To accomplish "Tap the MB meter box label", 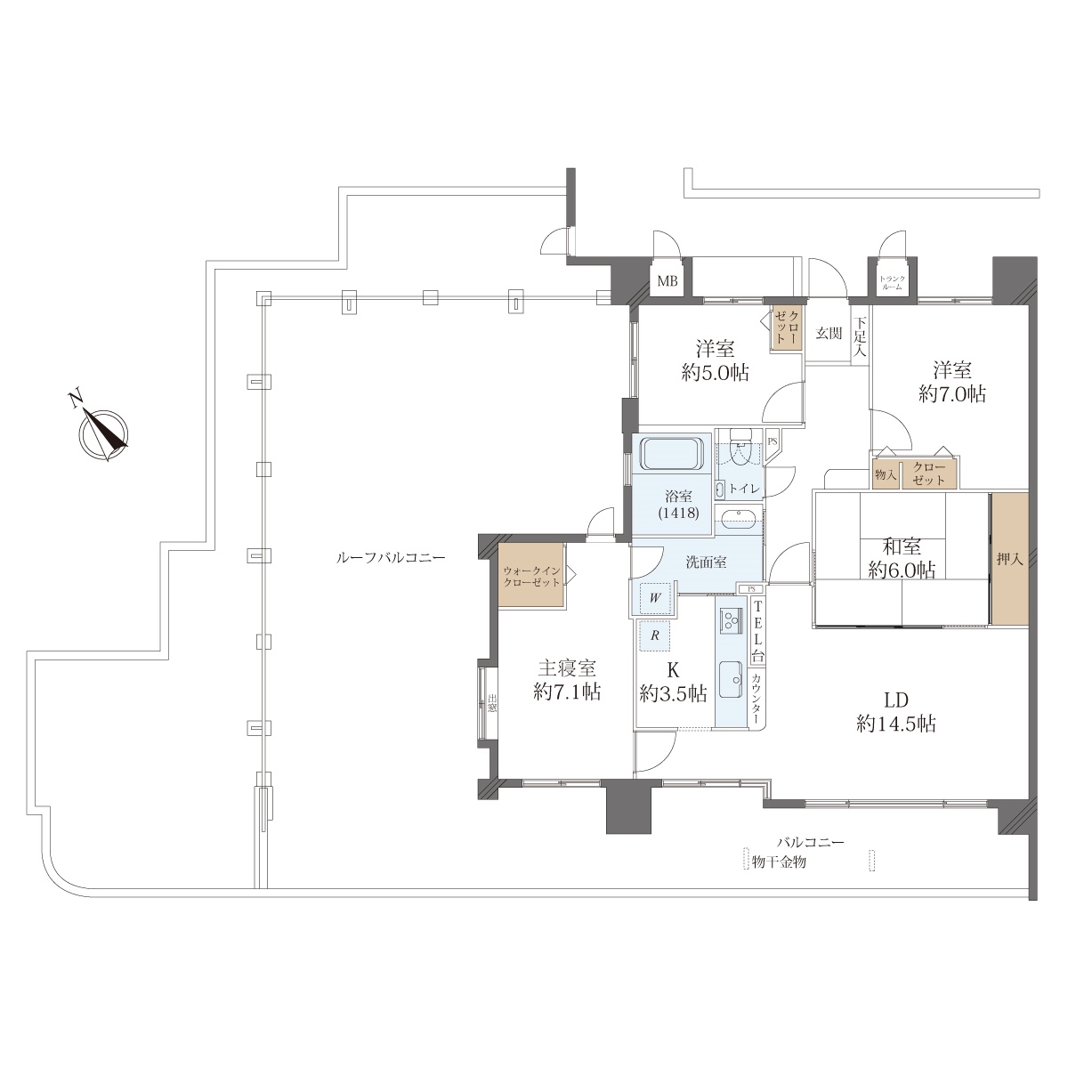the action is click(x=667, y=281).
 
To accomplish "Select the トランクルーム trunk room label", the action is click(x=892, y=283).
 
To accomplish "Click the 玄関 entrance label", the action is click(x=829, y=333).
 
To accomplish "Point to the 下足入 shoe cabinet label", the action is click(x=860, y=336).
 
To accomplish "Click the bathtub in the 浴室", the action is click(x=672, y=454).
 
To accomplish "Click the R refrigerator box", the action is click(x=654, y=635).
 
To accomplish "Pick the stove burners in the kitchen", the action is click(x=731, y=620).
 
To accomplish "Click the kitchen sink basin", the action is click(x=731, y=680).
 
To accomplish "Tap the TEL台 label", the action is click(x=757, y=632).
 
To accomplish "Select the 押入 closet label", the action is click(x=1009, y=560).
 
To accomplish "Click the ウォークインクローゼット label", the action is click(x=531, y=577).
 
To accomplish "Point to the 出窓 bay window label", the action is click(x=492, y=704).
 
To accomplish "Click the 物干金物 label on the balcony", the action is click(x=779, y=862).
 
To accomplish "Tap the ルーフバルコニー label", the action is click(x=391, y=557).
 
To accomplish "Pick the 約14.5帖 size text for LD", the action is click(x=896, y=724).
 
